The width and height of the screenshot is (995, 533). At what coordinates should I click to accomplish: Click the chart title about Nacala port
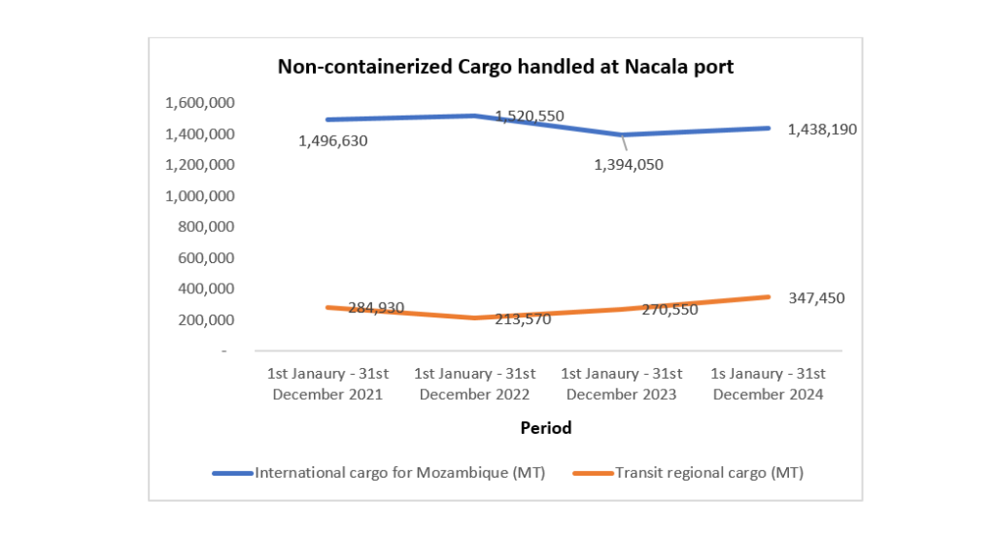[505, 67]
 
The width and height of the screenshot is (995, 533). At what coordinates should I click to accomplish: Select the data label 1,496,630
[333, 142]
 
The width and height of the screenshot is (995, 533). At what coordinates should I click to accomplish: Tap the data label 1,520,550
[530, 116]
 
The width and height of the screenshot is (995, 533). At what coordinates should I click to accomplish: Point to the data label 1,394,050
[629, 165]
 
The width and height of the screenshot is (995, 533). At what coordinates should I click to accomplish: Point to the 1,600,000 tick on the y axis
[200, 103]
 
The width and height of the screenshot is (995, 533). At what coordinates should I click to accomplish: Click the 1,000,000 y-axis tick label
[200, 196]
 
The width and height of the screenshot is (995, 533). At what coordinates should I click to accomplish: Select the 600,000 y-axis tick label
[207, 258]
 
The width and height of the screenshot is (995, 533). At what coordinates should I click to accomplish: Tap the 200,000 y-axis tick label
[207, 319]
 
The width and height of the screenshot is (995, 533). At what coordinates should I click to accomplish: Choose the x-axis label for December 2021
[328, 384]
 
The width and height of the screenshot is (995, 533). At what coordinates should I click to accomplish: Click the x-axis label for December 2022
[475, 384]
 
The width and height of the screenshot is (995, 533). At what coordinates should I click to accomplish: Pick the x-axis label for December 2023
[622, 384]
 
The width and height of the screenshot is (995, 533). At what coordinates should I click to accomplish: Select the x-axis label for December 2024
[768, 384]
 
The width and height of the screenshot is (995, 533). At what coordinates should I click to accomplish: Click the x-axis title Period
[545, 427]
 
